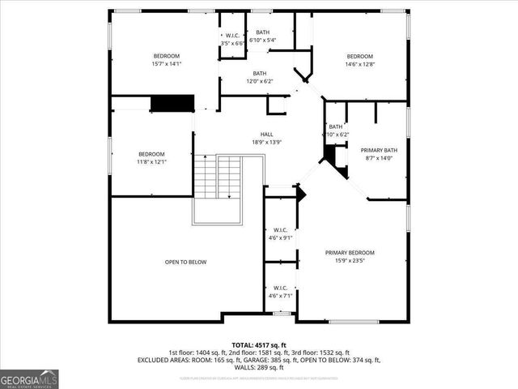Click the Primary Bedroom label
[350, 253]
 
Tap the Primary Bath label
[379, 150]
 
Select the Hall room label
[266, 135]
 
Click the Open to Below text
[186, 262]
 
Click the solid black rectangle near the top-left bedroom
[172, 104]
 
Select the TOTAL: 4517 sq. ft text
[259, 344]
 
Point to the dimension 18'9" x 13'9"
[266, 143]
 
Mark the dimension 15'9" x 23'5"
[350, 261]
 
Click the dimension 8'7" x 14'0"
[379, 159]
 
